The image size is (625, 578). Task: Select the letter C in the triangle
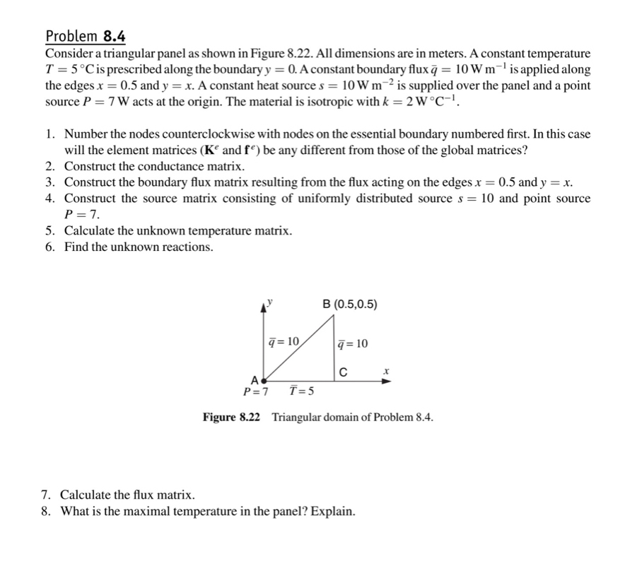point(343,372)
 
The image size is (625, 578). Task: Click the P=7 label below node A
point(255,392)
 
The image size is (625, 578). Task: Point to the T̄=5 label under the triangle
point(302,392)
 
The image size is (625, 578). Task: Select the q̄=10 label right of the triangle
point(353,344)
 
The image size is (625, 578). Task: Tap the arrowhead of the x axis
point(385,380)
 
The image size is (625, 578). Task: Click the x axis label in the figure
point(387,370)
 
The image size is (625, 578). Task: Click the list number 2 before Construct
point(49,166)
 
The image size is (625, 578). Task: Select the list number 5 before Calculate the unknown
point(49,231)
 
